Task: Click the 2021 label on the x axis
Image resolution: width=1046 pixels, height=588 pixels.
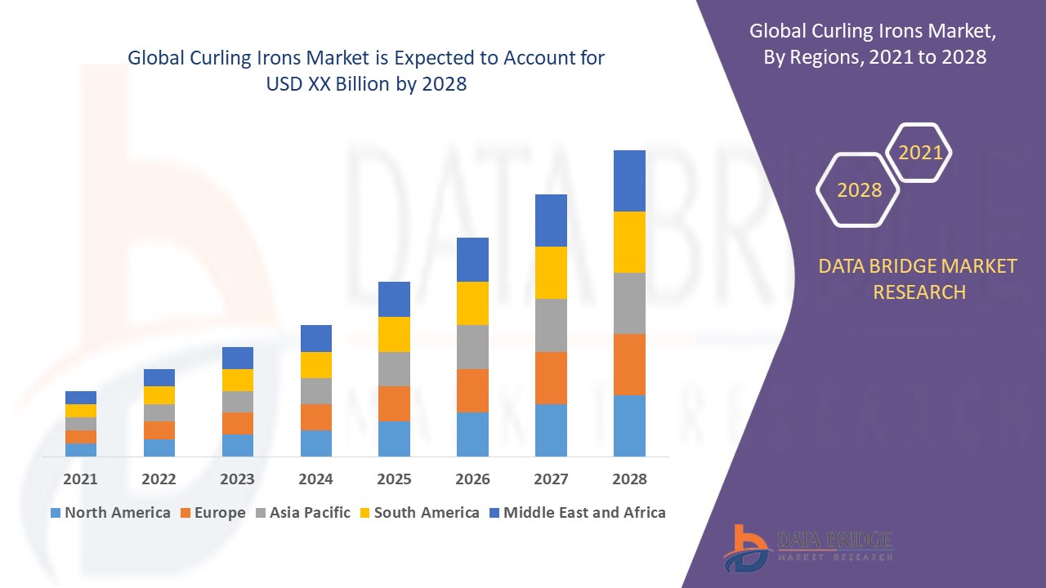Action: [80, 479]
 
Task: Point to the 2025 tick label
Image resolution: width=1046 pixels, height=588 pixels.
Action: [394, 479]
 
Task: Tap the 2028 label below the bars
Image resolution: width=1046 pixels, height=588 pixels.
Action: [629, 479]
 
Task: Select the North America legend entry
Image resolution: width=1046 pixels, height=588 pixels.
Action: [110, 513]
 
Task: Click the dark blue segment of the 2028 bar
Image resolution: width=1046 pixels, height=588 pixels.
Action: [629, 180]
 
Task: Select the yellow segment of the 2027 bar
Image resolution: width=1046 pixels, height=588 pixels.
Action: [551, 273]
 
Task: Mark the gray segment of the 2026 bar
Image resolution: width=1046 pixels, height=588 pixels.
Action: [472, 347]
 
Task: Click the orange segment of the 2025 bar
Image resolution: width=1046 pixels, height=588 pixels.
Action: [394, 403]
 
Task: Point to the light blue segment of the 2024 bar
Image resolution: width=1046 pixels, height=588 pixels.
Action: [315, 443]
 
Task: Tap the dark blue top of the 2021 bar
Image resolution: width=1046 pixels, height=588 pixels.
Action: [80, 398]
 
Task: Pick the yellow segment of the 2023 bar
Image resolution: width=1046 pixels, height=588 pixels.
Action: [237, 380]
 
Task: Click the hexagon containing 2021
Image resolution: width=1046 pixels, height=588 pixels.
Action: [920, 153]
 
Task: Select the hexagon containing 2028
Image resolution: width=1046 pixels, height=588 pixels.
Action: [859, 189]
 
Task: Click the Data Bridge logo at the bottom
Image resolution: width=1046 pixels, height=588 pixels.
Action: [808, 547]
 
